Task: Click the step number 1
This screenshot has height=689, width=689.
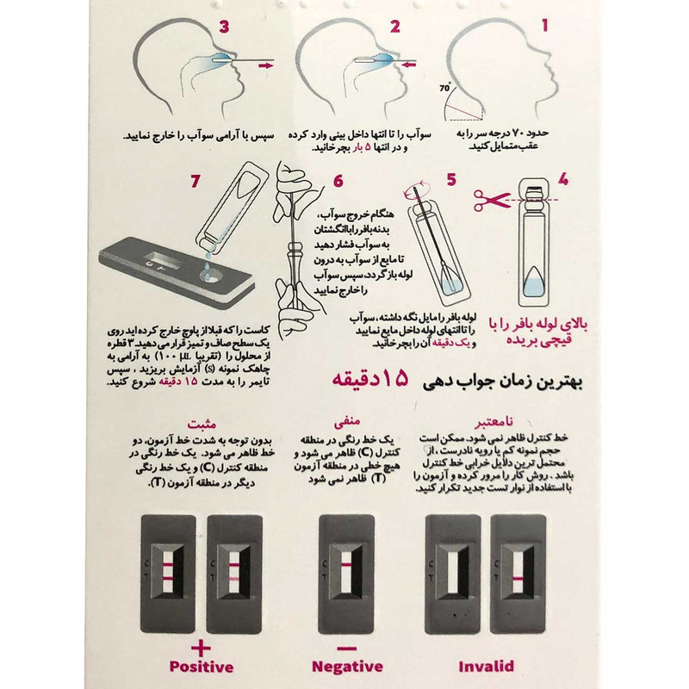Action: click(545, 25)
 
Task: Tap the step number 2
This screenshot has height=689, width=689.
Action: click(395, 25)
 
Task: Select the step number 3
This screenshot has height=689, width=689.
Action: click(225, 25)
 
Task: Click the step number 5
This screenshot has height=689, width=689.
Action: click(450, 181)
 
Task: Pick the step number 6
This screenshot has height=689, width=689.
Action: click(338, 181)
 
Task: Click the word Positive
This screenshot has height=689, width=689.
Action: click(201, 666)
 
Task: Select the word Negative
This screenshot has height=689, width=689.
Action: click(348, 666)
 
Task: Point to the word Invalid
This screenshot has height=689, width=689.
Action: click(487, 666)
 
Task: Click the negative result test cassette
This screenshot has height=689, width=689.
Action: click(347, 574)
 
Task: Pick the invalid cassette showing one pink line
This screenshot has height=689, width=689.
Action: click(521, 574)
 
